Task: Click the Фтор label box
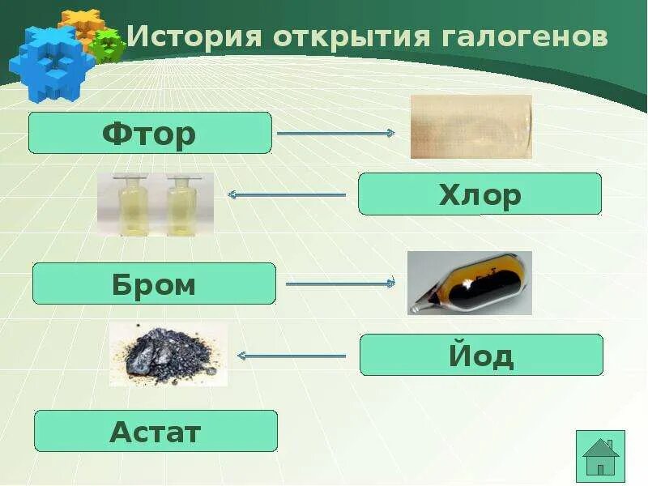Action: coord(150,133)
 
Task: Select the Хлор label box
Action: coord(480,194)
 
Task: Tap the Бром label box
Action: coord(154,283)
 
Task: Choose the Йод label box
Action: coord(481,355)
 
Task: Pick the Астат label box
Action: coord(156,431)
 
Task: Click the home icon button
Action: coord(600,457)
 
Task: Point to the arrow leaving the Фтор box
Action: coord(335,133)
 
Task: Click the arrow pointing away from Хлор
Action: coord(288,194)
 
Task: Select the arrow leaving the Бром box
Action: coord(340,283)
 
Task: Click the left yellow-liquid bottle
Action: coord(130,204)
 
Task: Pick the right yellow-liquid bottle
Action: coord(181,204)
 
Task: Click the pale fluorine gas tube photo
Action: coord(471,126)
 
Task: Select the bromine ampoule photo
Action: coord(469,283)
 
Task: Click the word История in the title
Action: coord(194,37)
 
